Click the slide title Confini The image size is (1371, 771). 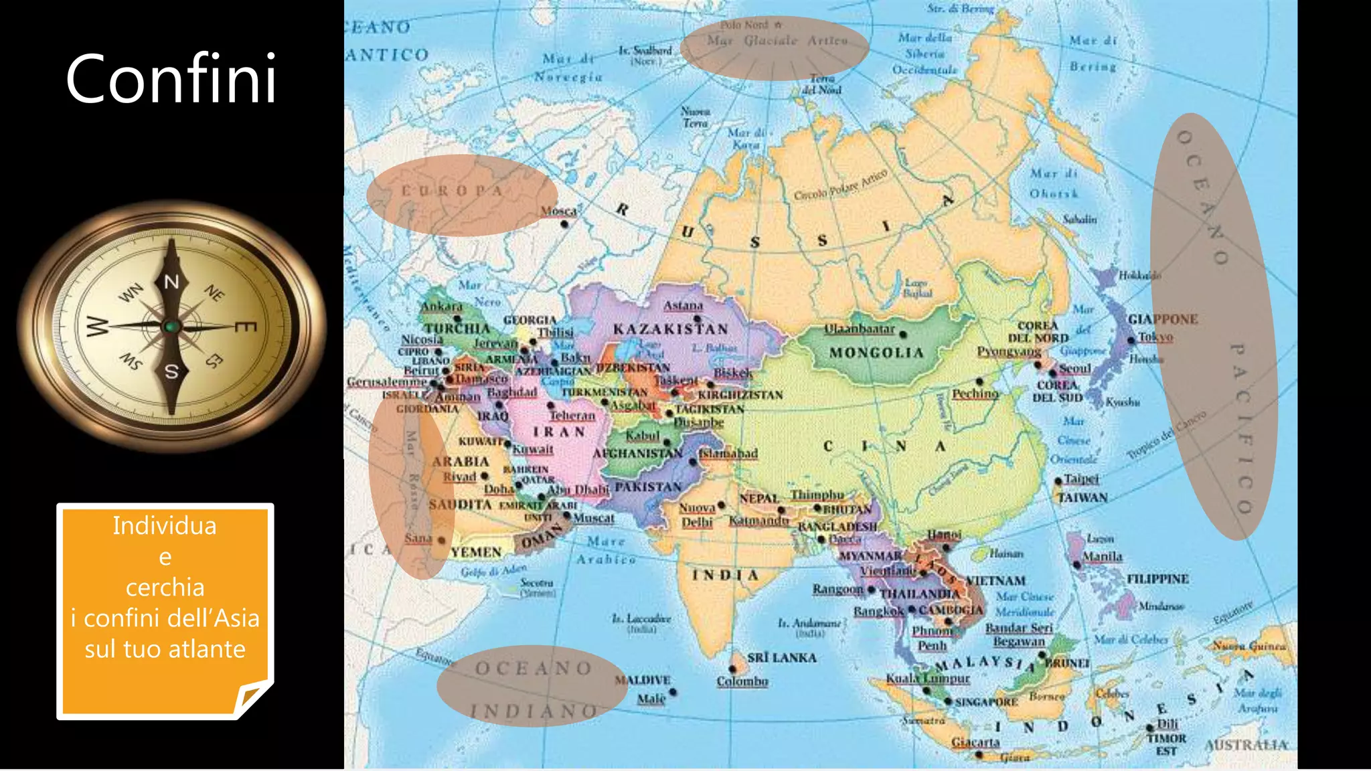tap(171, 78)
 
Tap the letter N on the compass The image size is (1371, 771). tap(172, 282)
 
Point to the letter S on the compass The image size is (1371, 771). tap(172, 371)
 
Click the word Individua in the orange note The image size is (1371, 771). tap(165, 526)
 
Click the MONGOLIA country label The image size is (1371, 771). tap(876, 353)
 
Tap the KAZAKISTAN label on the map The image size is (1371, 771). tap(671, 329)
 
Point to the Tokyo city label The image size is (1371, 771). tap(1156, 337)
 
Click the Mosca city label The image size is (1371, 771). tap(558, 211)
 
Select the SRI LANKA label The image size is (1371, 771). tap(782, 658)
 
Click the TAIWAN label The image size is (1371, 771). tap(1082, 497)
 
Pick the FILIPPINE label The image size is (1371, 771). tap(1157, 579)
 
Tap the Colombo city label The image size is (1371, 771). tap(742, 681)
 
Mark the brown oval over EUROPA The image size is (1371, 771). tap(462, 195)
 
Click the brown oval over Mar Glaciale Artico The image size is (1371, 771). tap(775, 48)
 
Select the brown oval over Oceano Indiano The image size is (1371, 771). tap(532, 686)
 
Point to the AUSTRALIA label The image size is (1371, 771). tap(1246, 745)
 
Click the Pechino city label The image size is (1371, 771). tap(975, 394)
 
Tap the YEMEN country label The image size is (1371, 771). tap(476, 552)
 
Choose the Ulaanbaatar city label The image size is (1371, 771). tap(860, 329)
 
